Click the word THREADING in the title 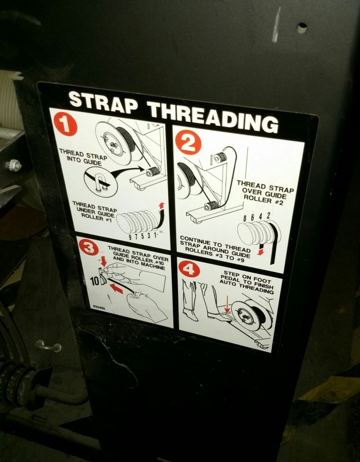point(213,117)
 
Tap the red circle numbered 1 point(65,124)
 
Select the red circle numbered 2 point(188,142)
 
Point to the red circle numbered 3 point(89,248)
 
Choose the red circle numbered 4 point(189,269)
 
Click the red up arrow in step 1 point(162,206)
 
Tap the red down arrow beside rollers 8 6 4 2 point(261,252)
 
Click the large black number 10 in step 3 point(95,281)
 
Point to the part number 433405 point(99,307)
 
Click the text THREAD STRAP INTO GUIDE point(83,156)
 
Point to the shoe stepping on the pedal point(218,316)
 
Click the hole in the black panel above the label point(302,28)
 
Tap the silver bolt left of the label point(13,165)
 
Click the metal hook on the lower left point(49,346)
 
